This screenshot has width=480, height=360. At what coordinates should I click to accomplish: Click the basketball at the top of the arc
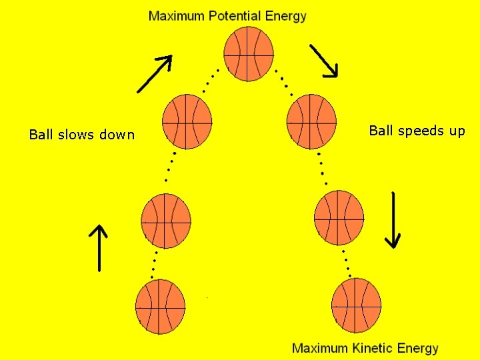point(248,53)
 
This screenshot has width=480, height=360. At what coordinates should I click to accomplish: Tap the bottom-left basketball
point(160,307)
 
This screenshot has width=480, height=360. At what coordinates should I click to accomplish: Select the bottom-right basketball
point(356,305)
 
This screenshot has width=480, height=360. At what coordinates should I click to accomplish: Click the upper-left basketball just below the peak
point(187,121)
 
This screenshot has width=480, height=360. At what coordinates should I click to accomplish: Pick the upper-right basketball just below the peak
point(311,121)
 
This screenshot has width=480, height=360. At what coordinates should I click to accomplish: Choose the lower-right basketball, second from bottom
point(339,217)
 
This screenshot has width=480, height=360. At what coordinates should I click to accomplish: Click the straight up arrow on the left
point(99,247)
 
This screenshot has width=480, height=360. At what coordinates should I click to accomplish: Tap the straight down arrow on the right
point(393,220)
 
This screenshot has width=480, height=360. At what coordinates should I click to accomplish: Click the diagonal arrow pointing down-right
point(324,61)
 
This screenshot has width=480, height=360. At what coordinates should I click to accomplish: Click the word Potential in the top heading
point(233,16)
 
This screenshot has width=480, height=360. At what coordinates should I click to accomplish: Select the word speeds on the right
point(421,131)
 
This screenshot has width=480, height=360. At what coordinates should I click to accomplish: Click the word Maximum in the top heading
point(176,16)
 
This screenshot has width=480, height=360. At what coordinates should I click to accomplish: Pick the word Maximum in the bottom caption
point(320,348)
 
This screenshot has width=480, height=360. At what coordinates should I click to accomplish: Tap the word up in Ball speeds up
point(457,131)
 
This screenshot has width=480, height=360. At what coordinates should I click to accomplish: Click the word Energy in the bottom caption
point(418,348)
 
